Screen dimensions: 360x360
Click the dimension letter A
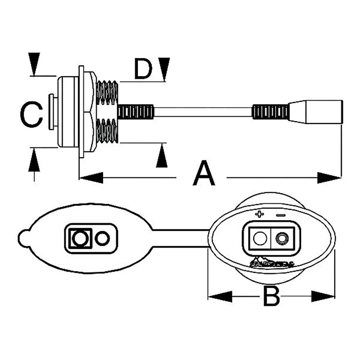pos(204,174)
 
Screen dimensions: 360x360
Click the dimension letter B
pos(271,296)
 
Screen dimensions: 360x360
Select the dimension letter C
pos(31,114)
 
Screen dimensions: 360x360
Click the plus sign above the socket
pos(259,215)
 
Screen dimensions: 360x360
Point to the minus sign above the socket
pos(281,215)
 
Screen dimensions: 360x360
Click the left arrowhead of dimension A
pos(90,177)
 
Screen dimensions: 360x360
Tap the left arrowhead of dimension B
pos(220,297)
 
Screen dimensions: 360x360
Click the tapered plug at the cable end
pos(316,112)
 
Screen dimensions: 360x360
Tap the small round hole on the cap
pos(102,238)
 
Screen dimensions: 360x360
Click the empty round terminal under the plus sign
pos(260,238)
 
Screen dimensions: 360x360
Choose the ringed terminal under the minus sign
pos(281,238)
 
